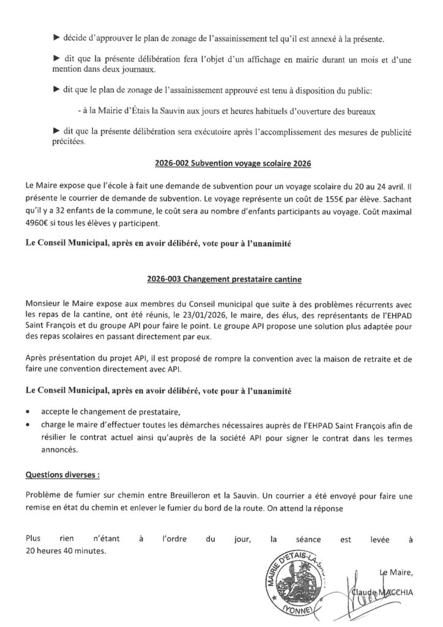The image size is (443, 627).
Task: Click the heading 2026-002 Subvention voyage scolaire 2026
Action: click(x=221, y=163)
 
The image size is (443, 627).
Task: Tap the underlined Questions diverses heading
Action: click(x=62, y=474)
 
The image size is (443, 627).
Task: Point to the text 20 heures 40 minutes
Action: click(x=65, y=551)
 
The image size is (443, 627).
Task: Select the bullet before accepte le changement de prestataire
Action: click(x=29, y=411)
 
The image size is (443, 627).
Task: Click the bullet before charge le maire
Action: click(x=29, y=422)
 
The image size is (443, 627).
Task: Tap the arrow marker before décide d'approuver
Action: click(x=56, y=39)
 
